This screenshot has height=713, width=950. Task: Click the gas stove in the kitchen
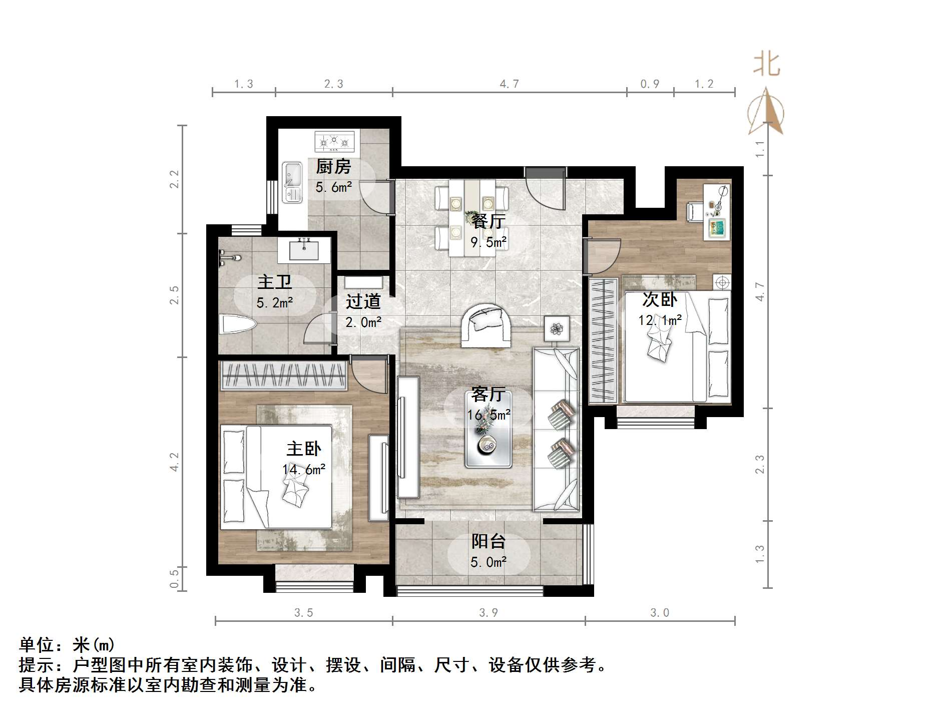(334, 142)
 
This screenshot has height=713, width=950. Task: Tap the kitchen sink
(292, 182)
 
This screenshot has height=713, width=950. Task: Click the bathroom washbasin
(304, 249)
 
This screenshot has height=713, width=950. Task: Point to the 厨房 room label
(333, 166)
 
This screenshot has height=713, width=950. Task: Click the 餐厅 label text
(489, 221)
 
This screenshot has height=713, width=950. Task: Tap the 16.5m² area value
(489, 415)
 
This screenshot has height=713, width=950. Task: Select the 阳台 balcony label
(488, 541)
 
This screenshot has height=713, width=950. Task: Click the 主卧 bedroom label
(304, 449)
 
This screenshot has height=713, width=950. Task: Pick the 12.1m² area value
(660, 320)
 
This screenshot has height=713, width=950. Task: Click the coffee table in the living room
(489, 430)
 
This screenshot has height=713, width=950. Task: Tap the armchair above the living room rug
(485, 325)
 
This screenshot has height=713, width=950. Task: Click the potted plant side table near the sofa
(557, 329)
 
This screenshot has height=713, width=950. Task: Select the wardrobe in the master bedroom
(284, 376)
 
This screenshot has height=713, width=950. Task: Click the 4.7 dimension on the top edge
(509, 84)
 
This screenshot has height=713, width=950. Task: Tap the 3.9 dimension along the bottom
(489, 612)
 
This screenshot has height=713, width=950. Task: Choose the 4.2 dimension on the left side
(174, 462)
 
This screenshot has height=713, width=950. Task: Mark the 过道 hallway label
(363, 301)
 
